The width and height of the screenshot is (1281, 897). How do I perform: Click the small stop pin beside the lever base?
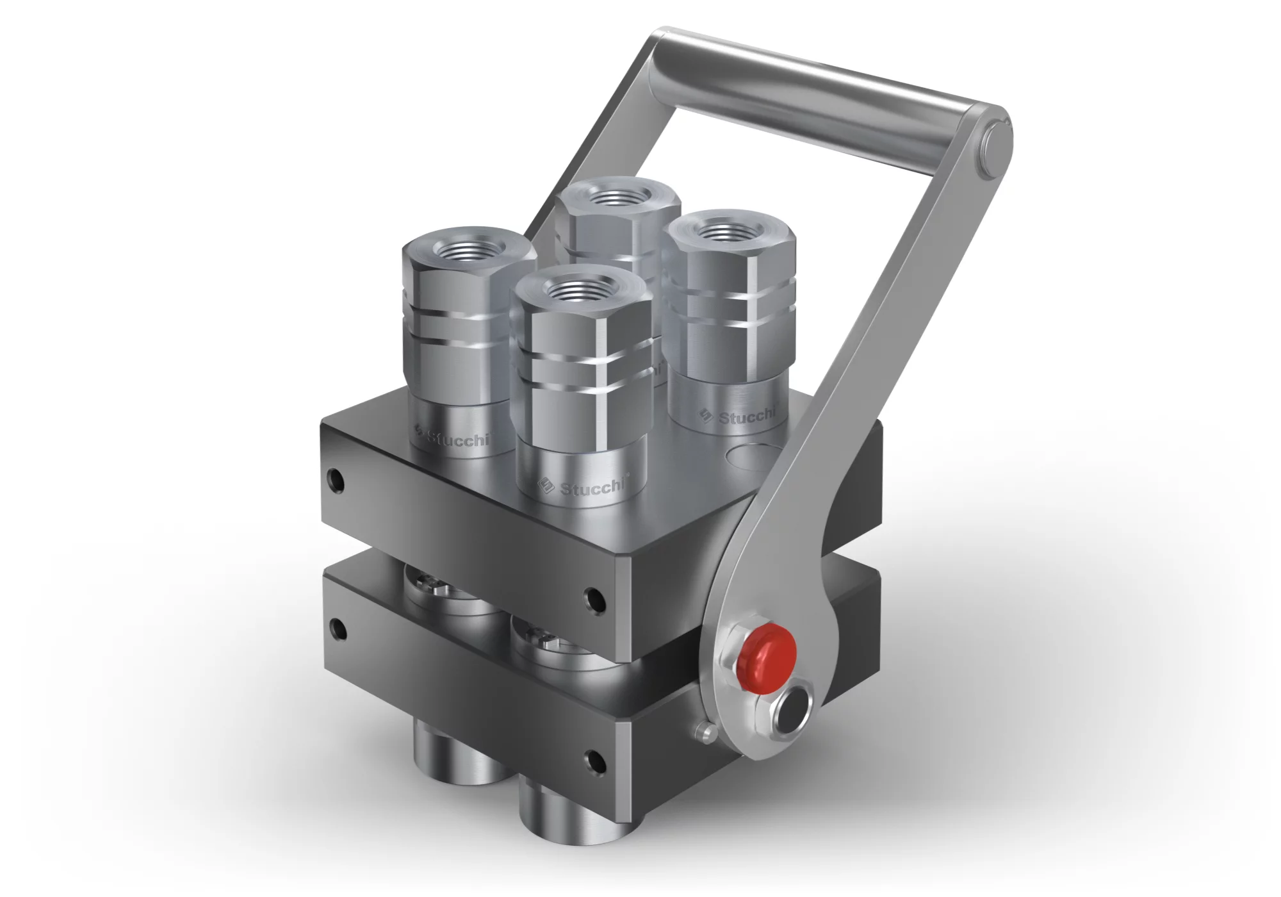pos(706,730)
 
